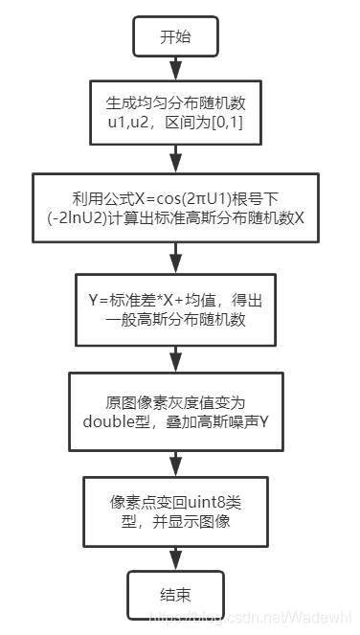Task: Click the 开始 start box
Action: (174, 38)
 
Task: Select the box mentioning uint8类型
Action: (174, 510)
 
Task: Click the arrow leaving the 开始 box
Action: (174, 68)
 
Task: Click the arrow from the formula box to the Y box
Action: (174, 258)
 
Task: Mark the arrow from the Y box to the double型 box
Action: (174, 355)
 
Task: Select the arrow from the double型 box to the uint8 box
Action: (174, 459)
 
